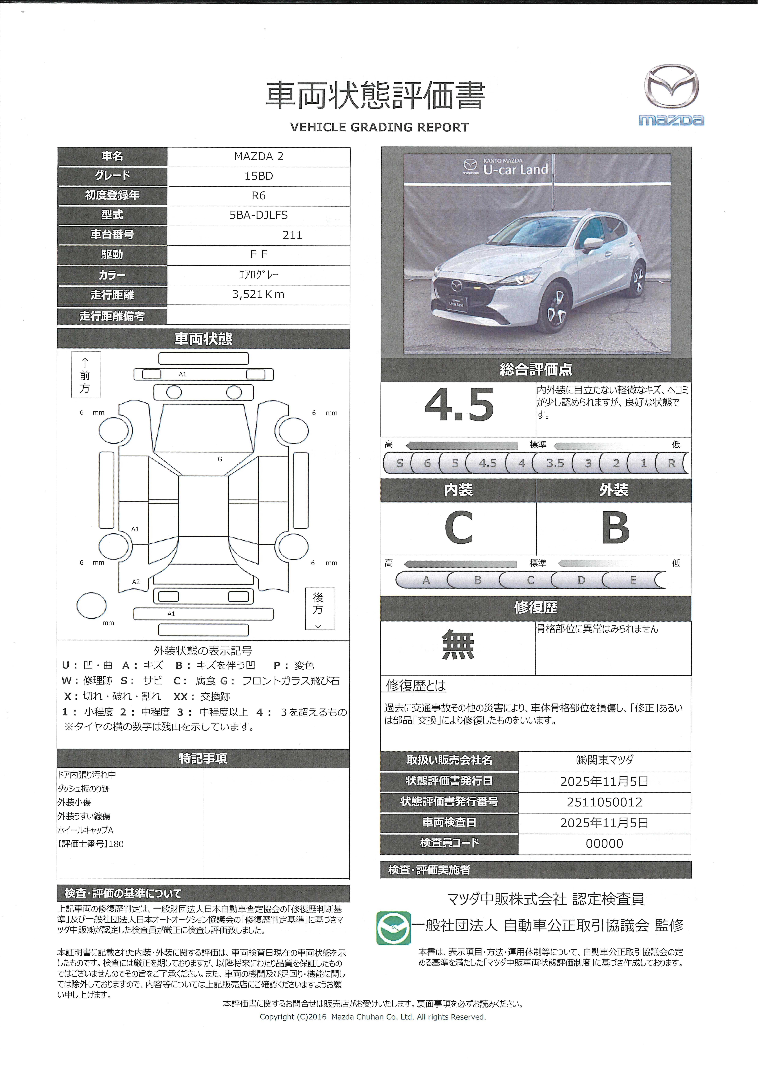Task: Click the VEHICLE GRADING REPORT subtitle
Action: point(379,127)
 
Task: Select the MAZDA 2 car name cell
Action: point(259,156)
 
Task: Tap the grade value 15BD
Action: point(259,176)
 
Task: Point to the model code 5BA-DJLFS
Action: point(259,215)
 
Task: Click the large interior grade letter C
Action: point(459,528)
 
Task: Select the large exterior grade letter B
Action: point(615,528)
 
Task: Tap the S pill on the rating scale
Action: point(399,463)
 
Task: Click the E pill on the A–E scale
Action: point(633,580)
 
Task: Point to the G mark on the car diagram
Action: point(220,459)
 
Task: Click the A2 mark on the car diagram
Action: point(136,582)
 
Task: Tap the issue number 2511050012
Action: point(604,802)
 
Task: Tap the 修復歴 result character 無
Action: point(458,644)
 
